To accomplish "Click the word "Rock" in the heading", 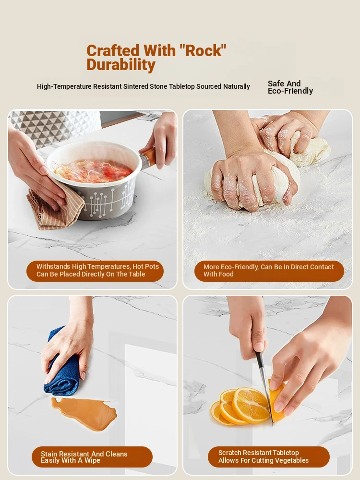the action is click(202, 50).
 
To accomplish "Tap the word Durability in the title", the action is click(121, 65).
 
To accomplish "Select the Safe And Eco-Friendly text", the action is click(290, 87).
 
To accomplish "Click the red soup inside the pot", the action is click(94, 171).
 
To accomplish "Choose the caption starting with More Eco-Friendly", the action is click(268, 271).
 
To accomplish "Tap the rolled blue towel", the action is click(63, 364).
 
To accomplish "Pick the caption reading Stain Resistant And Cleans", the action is click(84, 457).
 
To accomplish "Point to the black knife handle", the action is click(260, 360).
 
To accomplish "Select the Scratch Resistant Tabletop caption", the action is click(263, 456).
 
